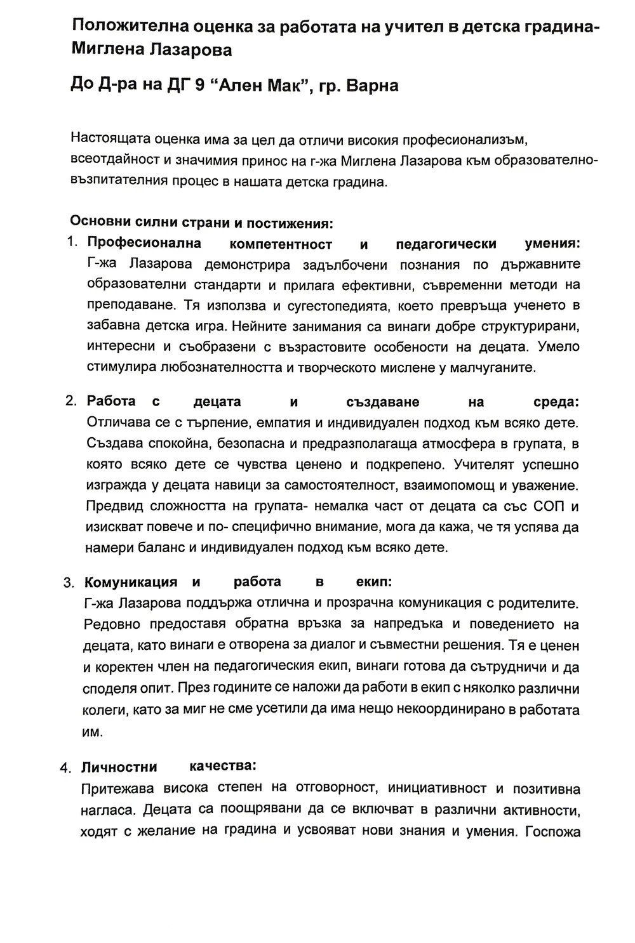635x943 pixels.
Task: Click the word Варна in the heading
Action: point(370,86)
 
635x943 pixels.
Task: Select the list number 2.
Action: point(71,402)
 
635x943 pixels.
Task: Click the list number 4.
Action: point(65,768)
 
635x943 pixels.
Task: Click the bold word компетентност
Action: point(281,244)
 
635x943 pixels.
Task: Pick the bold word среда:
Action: point(556,402)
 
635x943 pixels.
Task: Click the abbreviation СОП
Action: point(552,506)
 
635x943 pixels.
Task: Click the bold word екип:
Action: point(374,582)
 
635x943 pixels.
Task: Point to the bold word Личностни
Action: point(119,767)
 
